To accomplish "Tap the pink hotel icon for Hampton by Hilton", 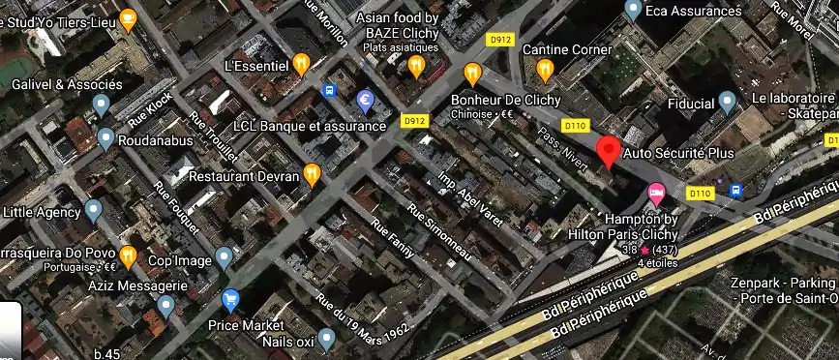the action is pyautogui.click(x=656, y=193).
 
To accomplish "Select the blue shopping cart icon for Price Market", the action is pyautogui.click(x=230, y=300).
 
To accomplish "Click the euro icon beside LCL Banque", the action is pyautogui.click(x=366, y=99).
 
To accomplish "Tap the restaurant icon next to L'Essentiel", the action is pyautogui.click(x=302, y=65).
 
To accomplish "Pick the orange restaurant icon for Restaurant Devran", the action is pyautogui.click(x=312, y=175).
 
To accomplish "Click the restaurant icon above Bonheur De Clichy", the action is pyautogui.click(x=472, y=73).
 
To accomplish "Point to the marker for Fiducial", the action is pyautogui.click(x=729, y=102).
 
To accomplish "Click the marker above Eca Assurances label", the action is pyautogui.click(x=633, y=11).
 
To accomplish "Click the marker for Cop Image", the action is pyautogui.click(x=225, y=257).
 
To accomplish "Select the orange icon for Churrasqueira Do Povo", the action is pyautogui.click(x=129, y=257).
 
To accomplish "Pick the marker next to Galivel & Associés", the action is pyautogui.click(x=101, y=106).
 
